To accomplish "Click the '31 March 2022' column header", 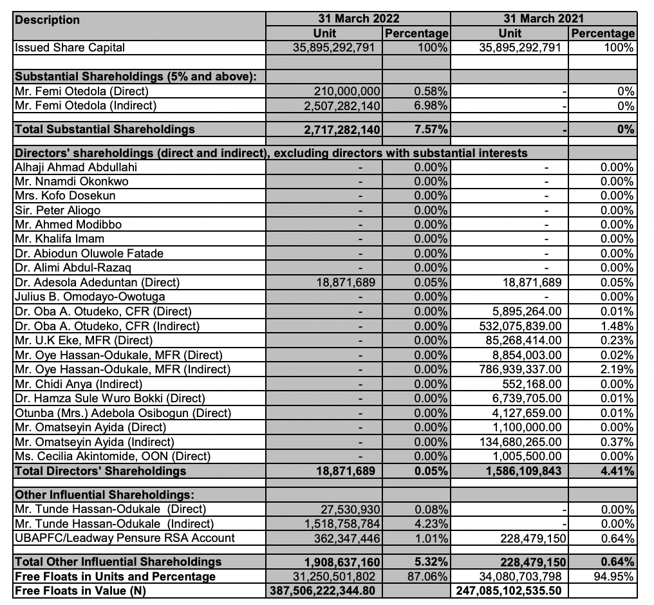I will pyautogui.click(x=358, y=19).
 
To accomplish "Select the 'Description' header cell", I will pyautogui.click(x=48, y=20).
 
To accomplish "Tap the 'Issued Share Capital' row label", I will pyautogui.click(x=61, y=48).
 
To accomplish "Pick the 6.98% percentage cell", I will pyautogui.click(x=431, y=106).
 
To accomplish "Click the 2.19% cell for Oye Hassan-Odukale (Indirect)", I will pyautogui.click(x=619, y=369).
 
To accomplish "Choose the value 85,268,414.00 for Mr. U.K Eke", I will pyautogui.click(x=527, y=340).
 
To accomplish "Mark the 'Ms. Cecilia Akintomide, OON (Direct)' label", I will pyautogui.click(x=112, y=456).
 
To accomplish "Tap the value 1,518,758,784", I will pyautogui.click(x=341, y=524).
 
